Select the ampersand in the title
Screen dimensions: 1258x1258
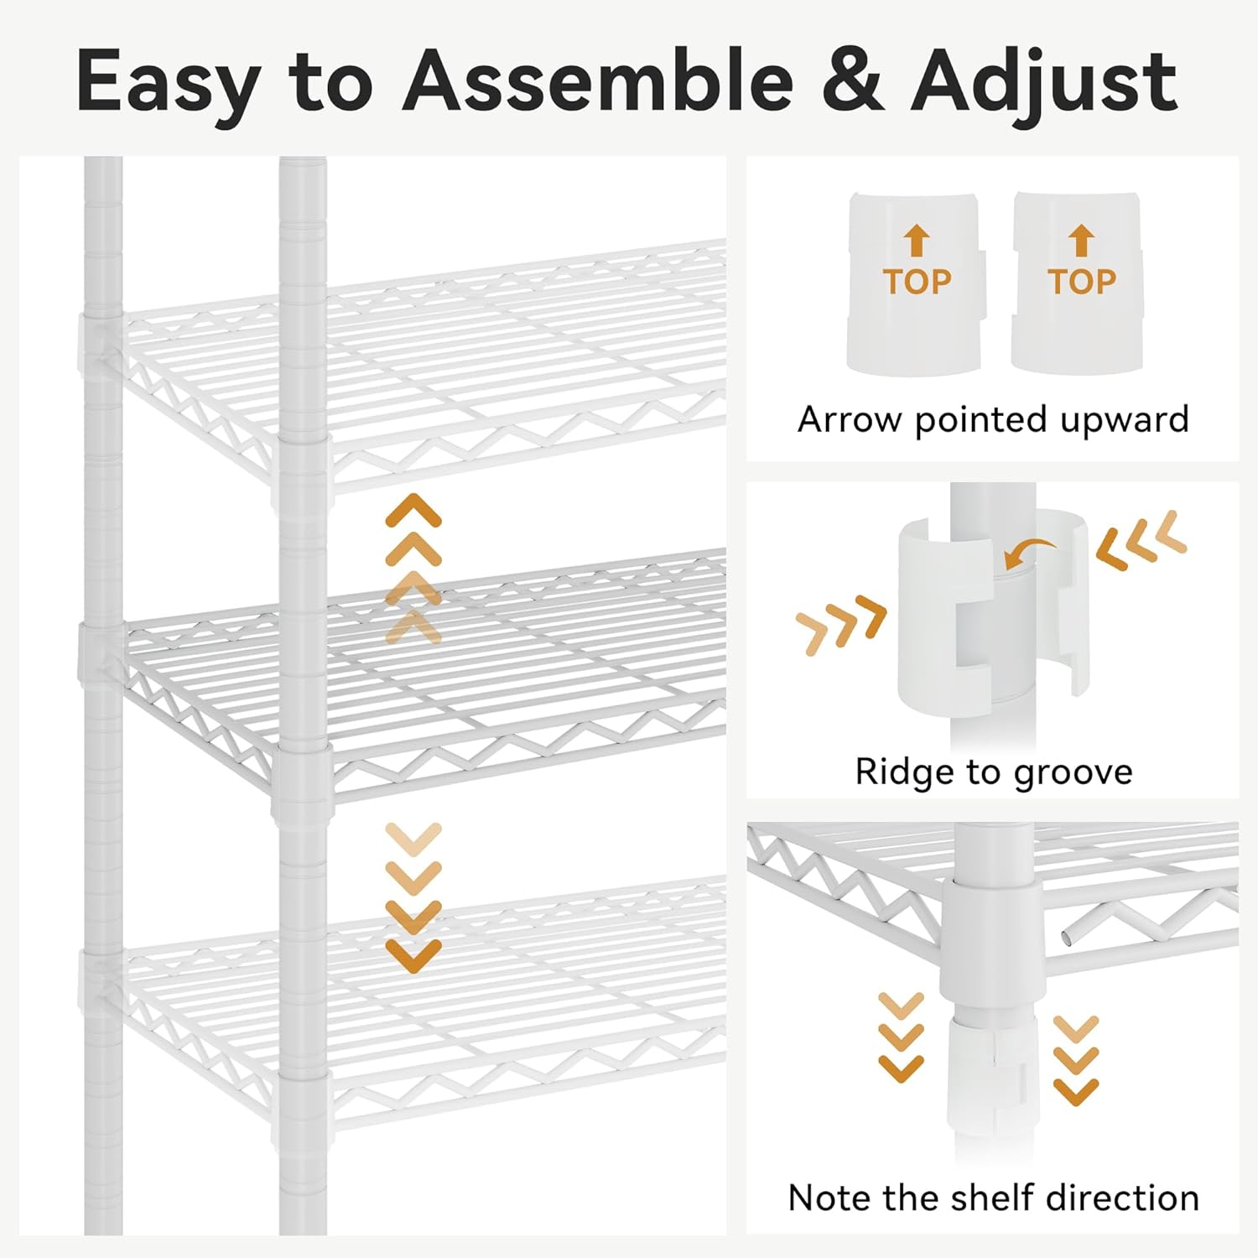852,81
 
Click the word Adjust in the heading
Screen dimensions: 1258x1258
1045,82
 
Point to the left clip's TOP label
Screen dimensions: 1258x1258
917,282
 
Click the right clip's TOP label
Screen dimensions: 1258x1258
1082,282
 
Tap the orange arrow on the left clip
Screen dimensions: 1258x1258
917,241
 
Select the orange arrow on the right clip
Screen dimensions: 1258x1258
1082,241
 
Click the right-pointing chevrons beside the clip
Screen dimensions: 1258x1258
841,625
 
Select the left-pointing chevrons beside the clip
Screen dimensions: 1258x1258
1141,541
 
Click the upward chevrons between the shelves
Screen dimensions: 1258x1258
413,568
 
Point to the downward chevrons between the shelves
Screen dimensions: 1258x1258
413,898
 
